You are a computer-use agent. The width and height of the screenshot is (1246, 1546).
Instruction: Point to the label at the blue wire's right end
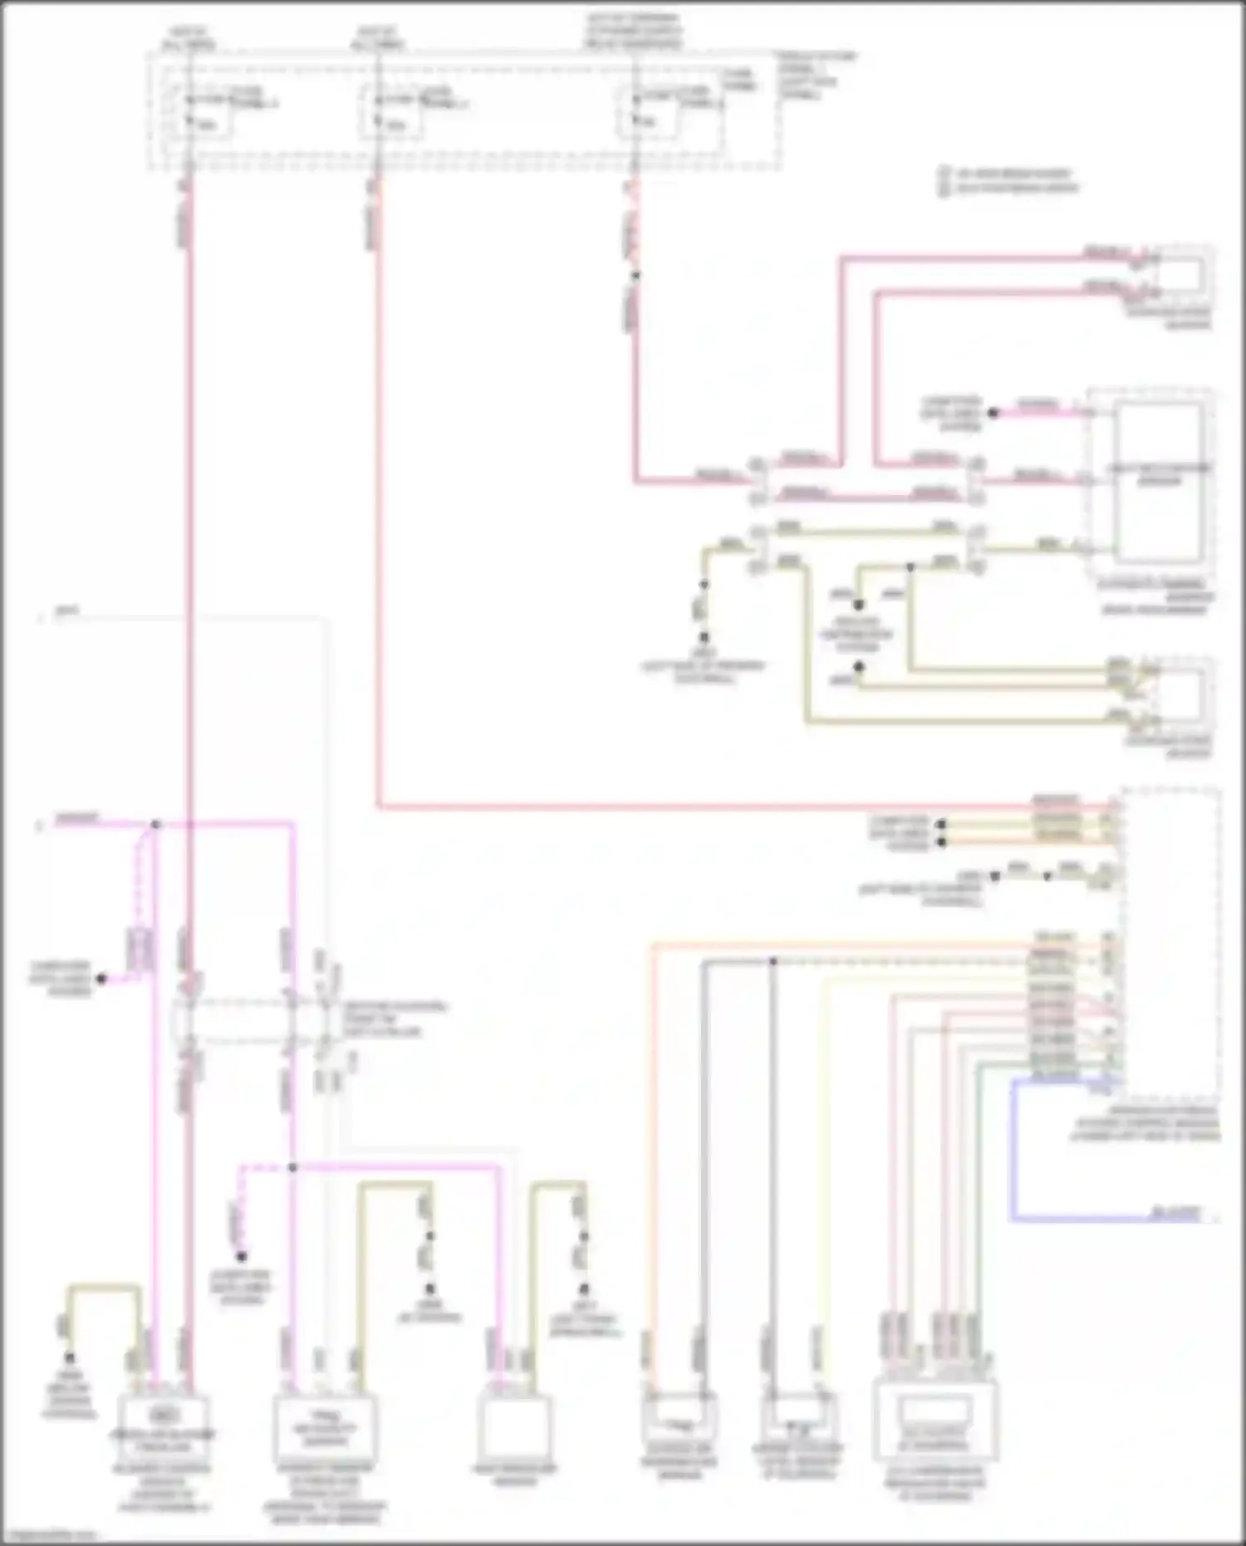(x=1176, y=1214)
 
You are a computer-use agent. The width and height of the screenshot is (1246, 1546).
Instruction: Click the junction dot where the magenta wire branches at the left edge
(x=155, y=824)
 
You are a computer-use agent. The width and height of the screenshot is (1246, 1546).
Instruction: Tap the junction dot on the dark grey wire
(x=773, y=961)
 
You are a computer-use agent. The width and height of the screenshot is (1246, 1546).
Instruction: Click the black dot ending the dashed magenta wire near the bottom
(x=242, y=1257)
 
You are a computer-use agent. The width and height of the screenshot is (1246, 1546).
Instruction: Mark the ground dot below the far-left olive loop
(x=70, y=1357)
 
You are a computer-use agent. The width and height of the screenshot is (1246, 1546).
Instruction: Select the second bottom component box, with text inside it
(x=325, y=1427)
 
